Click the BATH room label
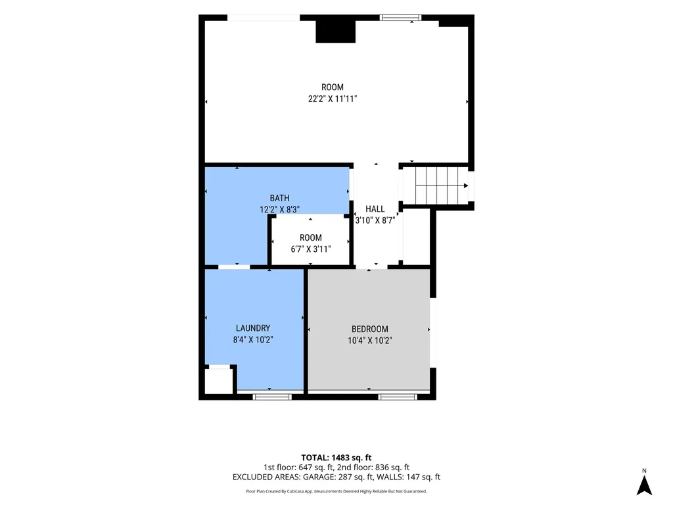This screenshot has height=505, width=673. tap(279, 198)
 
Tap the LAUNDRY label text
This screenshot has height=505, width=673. tap(253, 328)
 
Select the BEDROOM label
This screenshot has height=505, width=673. tap(369, 329)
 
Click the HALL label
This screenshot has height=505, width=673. tap(375, 208)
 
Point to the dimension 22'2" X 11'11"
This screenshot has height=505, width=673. tap(333, 99)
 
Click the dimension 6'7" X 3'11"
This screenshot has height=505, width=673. tap(311, 249)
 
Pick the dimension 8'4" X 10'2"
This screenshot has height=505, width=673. tap(253, 340)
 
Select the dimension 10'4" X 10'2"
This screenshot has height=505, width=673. tap(369, 341)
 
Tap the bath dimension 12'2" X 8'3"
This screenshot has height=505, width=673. tap(279, 210)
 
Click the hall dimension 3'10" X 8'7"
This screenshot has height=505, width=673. tap(375, 220)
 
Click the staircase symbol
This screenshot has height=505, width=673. tap(442, 185)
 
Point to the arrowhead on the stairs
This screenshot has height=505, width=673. tap(466, 186)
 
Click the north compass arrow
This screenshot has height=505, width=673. tap(644, 486)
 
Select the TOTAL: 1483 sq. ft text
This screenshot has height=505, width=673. tap(336, 458)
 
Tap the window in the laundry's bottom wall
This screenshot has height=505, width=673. tap(272, 397)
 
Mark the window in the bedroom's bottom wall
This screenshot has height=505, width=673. tap(398, 397)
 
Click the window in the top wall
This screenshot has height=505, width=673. tap(400, 18)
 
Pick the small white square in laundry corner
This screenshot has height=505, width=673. tap(218, 381)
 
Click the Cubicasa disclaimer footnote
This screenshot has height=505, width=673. tap(336, 491)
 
